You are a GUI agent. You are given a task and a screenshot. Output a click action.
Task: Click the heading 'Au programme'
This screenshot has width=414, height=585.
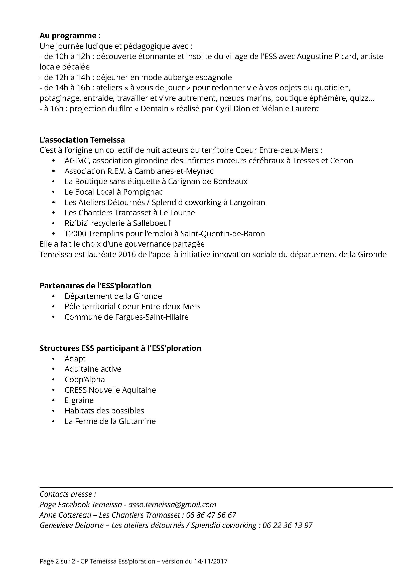click(x=68, y=36)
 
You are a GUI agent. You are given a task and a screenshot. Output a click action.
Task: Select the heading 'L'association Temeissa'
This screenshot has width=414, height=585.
click(x=82, y=140)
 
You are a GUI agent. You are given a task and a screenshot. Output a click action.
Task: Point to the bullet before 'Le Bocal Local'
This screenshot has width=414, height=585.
click(x=53, y=192)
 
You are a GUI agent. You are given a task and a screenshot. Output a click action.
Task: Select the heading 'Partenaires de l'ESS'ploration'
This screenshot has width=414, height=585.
click(x=95, y=286)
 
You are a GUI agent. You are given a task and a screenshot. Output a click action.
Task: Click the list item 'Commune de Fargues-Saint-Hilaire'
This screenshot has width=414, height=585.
click(x=126, y=317)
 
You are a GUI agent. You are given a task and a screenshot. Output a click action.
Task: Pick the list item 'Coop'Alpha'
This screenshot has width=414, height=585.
click(x=85, y=379)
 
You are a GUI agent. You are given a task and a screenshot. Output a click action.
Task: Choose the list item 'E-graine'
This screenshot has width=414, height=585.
click(x=79, y=400)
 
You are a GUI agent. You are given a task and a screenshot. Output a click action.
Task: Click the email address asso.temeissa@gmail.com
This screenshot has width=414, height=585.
click(x=172, y=504)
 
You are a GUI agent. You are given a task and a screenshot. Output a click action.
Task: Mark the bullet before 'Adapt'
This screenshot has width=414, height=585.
click(x=53, y=359)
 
